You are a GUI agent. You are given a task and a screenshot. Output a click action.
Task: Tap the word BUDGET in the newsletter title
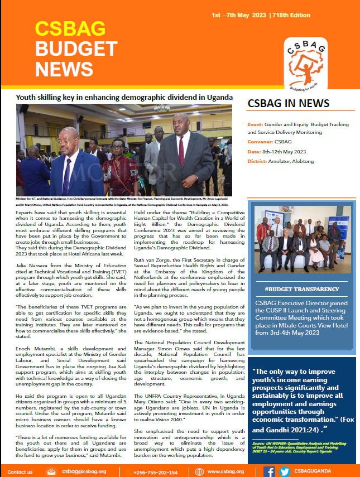[69, 47]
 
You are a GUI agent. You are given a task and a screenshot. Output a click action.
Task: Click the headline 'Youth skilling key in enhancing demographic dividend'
[124, 97]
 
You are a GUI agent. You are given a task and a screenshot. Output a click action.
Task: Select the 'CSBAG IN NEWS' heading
[288, 104]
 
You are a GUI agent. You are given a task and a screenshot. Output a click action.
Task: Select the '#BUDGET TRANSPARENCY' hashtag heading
[301, 289]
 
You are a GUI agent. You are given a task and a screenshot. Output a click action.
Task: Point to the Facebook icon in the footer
[269, 471]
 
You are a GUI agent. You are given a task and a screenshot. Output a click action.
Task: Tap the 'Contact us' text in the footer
[20, 471]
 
